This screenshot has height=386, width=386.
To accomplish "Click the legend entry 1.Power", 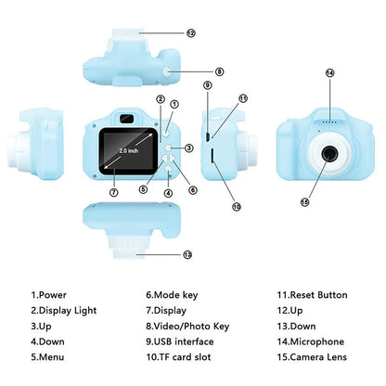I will (50, 295).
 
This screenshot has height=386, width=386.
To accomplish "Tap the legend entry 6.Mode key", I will (172, 295).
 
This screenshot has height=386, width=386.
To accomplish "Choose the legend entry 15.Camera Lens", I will (317, 355).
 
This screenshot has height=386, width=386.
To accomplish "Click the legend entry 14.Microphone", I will (316, 341).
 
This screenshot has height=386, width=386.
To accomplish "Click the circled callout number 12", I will (191, 32).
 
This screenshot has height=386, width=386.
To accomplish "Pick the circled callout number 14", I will (329, 72).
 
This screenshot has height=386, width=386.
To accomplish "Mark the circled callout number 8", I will (220, 71).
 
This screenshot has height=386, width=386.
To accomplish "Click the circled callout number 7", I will (113, 193).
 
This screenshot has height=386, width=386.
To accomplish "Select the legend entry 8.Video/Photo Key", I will (187, 326).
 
